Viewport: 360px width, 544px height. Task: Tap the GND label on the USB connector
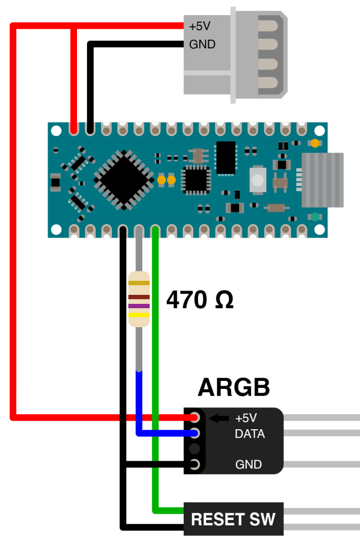202,45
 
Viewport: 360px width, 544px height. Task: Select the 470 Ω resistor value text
200,300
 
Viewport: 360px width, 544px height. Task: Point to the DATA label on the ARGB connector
250,434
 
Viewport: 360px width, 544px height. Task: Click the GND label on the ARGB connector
248,465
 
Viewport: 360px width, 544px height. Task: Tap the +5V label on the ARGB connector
246,418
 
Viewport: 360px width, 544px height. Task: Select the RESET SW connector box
234,519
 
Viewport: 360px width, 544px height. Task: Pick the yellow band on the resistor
139,316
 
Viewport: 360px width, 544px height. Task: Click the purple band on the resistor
139,306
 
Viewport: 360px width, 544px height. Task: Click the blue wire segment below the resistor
139,404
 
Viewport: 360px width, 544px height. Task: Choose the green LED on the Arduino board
315,217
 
